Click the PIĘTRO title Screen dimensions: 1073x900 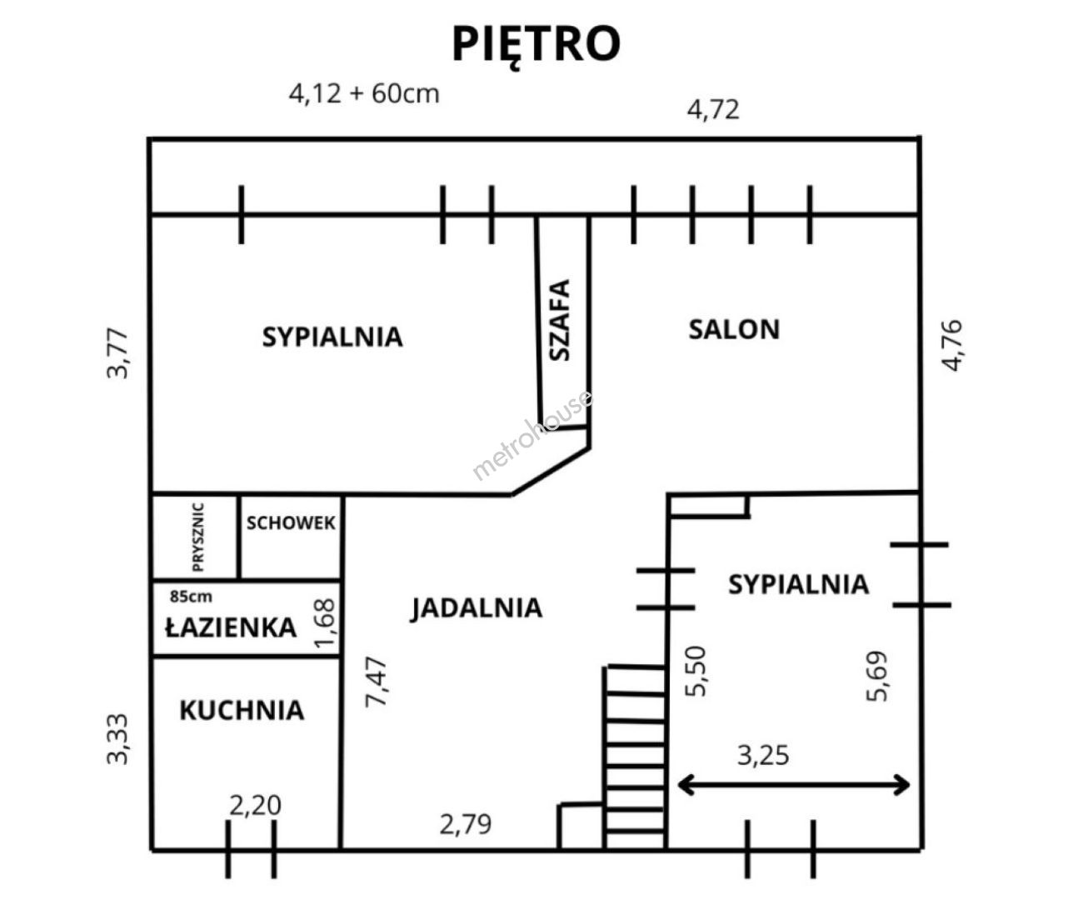click(536, 45)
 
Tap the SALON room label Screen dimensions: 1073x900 click(734, 329)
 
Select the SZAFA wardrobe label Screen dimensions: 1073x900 click(560, 320)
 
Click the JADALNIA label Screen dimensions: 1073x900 click(477, 608)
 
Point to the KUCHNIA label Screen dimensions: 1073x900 click(242, 710)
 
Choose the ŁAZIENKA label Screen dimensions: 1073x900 click(231, 627)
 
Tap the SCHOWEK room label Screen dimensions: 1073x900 click(291, 522)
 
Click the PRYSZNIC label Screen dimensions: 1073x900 click(197, 537)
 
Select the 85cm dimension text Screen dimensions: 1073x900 click(191, 596)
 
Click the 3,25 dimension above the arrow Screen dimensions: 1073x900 click(763, 756)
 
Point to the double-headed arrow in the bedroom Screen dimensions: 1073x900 click(794, 785)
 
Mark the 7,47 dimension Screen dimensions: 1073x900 click(377, 682)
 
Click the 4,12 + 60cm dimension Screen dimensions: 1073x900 click(364, 94)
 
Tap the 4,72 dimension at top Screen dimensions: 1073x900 click(713, 109)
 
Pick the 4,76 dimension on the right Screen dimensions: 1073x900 click(951, 345)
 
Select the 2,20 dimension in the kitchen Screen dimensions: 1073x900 click(255, 806)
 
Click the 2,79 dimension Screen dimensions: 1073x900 click(466, 824)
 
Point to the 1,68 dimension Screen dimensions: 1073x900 click(326, 622)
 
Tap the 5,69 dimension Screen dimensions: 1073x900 click(877, 676)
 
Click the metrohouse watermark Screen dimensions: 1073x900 click(532, 435)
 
